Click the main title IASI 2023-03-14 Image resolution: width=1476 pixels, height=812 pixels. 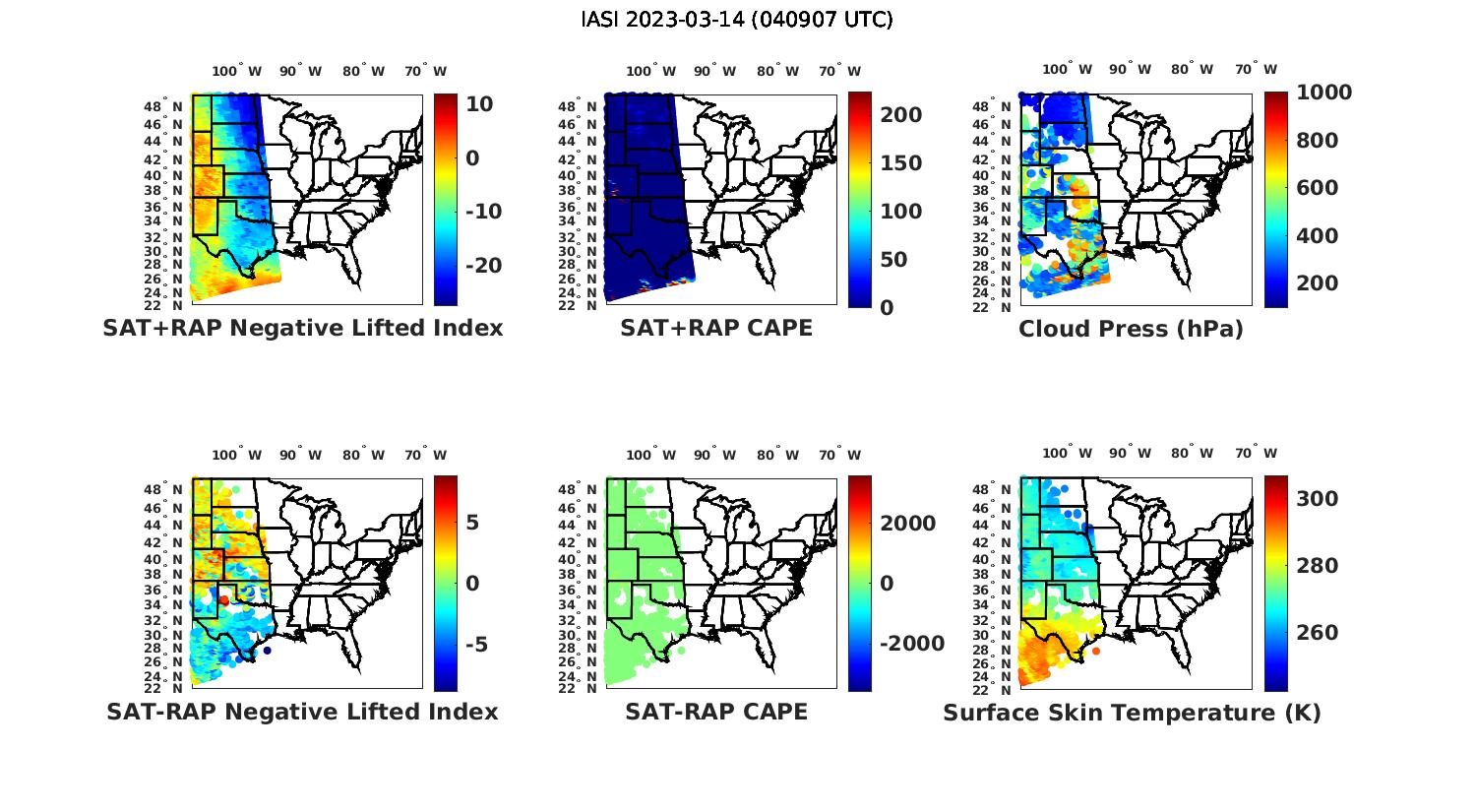coord(737,20)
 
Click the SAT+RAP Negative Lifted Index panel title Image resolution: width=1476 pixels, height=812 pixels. coord(303,329)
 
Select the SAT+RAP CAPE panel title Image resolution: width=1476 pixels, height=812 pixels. coord(716,329)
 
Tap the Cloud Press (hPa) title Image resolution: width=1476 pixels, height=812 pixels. coord(1131,329)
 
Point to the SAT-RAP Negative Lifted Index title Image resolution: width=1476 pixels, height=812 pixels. coord(302,712)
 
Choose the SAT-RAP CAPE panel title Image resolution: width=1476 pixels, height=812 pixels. coord(716,712)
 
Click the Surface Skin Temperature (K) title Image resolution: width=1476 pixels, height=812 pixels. coord(1132,713)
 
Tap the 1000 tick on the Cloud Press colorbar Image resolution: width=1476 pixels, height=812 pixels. coord(1323,93)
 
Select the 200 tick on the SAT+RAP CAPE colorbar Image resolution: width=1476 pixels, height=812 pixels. coord(901,115)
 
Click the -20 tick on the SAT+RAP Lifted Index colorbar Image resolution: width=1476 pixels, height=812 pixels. coord(482,266)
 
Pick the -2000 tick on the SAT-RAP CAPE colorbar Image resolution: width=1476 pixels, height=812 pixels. coord(911,644)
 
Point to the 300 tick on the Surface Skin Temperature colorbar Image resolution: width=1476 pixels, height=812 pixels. coord(1317,499)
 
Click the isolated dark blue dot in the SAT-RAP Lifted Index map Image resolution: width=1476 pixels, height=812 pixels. coord(267,650)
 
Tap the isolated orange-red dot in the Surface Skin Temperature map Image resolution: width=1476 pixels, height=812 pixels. coord(1096,651)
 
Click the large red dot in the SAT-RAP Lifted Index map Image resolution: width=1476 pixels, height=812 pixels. coord(224,600)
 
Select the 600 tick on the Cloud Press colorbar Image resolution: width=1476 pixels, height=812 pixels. coord(1317,188)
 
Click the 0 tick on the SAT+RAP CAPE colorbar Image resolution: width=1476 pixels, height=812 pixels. coord(887,307)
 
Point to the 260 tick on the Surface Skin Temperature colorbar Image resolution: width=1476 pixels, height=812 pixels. coord(1317,632)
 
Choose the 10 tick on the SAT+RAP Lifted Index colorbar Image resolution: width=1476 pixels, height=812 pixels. coord(480,104)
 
